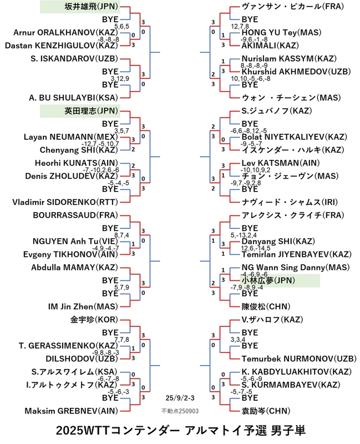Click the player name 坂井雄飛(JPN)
(x=91, y=7)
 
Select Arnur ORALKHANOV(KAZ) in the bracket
(x=65, y=33)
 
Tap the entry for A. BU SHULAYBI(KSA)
(x=73, y=98)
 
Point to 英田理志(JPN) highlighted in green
(x=91, y=110)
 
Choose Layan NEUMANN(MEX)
(x=71, y=137)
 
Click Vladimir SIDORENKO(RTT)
(x=65, y=202)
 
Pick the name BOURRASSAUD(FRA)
(x=75, y=215)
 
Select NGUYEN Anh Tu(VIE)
(x=75, y=241)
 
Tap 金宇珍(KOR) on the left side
(x=94, y=320)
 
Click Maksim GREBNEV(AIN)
(x=72, y=411)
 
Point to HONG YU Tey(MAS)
(x=282, y=33)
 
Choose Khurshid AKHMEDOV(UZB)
(x=296, y=72)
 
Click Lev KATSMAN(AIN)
(x=281, y=163)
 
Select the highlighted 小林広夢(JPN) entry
(x=268, y=281)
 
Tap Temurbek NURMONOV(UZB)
(x=299, y=359)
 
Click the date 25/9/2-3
(x=180, y=398)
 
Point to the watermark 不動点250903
(x=180, y=411)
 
